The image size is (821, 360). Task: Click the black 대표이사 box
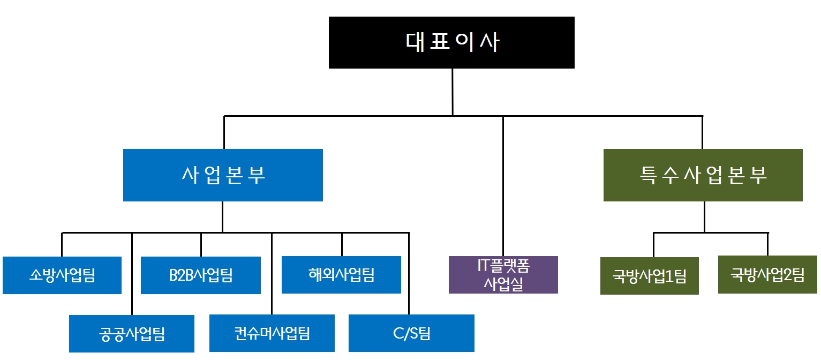pyautogui.click(x=451, y=42)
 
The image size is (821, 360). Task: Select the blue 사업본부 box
pyautogui.click(x=223, y=175)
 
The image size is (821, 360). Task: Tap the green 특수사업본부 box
pyautogui.click(x=703, y=175)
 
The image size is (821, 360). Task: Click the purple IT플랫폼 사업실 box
pyautogui.click(x=503, y=275)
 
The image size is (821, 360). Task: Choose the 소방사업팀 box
pyautogui.click(x=62, y=275)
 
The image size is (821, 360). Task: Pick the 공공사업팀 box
pyautogui.click(x=132, y=334)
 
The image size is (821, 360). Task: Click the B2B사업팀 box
pyautogui.click(x=201, y=275)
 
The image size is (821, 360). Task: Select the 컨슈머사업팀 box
pyautogui.click(x=272, y=333)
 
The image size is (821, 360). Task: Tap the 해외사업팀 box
pyautogui.click(x=341, y=275)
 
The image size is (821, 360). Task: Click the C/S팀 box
pyautogui.click(x=411, y=333)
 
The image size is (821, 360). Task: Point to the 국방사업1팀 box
pyautogui.click(x=649, y=276)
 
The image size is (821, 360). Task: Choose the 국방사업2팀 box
pyautogui.click(x=767, y=275)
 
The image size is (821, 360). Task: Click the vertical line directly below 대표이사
pyautogui.click(x=453, y=91)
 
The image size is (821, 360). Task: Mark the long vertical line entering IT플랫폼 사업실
pyautogui.click(x=503, y=187)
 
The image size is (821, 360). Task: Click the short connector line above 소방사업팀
pyautogui.click(x=62, y=244)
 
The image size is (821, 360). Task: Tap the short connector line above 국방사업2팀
pyautogui.click(x=767, y=244)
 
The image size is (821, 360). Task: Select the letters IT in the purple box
pyautogui.click(x=483, y=265)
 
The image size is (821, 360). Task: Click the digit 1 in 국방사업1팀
pyautogui.click(x=669, y=277)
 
